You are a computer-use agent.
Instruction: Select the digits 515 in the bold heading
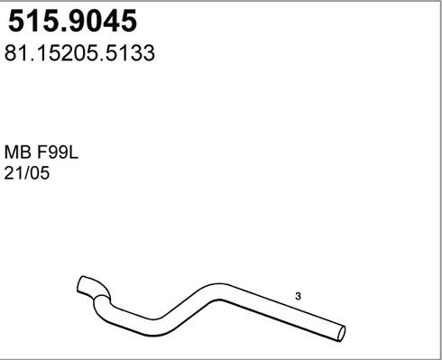(x=31, y=20)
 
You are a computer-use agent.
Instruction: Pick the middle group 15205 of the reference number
(x=67, y=53)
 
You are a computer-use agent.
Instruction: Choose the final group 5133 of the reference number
(x=132, y=53)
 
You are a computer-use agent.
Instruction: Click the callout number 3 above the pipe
(x=299, y=296)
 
